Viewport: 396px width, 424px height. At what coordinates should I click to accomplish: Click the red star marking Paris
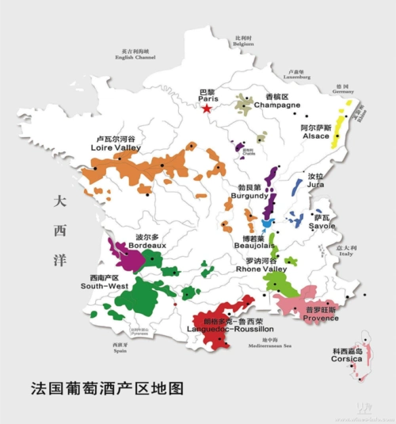(208, 109)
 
